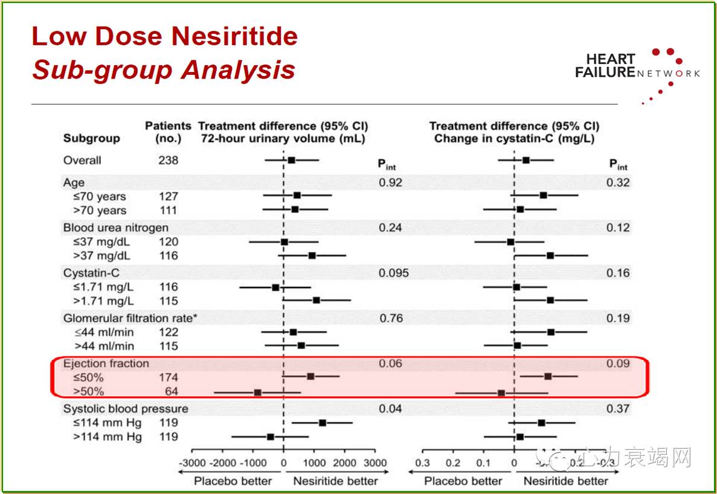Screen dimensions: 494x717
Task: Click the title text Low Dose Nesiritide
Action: [x=164, y=37]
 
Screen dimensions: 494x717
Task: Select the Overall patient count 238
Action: [x=169, y=161]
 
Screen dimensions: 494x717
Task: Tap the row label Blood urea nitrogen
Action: [x=116, y=228]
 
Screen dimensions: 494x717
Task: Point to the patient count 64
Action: [x=169, y=391]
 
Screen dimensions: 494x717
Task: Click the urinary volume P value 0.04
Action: [x=390, y=409]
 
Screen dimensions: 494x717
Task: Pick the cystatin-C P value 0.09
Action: [x=618, y=364]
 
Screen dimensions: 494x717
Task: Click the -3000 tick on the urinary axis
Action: [x=191, y=463]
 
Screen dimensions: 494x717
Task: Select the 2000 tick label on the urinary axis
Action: [x=345, y=463]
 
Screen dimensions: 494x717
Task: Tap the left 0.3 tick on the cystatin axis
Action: [x=422, y=463]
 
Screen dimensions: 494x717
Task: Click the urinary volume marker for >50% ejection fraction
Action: [x=258, y=393]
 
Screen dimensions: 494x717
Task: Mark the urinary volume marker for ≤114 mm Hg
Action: [x=323, y=423]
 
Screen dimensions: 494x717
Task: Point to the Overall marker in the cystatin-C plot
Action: [x=526, y=160]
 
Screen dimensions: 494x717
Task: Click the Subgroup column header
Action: [x=92, y=138]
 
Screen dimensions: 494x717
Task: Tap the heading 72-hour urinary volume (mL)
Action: [x=283, y=138]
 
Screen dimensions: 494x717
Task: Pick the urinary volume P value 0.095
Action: [x=394, y=273]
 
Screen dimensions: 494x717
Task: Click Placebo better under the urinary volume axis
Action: [x=233, y=481]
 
